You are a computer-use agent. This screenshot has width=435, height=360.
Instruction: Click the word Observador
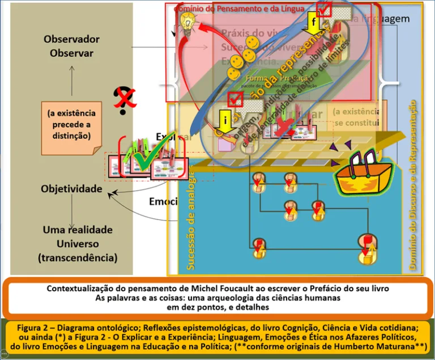[x=71, y=39]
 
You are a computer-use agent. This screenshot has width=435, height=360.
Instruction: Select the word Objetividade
[x=71, y=188]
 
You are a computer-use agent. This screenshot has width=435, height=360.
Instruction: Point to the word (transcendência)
[x=78, y=258]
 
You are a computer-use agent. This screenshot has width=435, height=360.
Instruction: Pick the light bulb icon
[x=187, y=20]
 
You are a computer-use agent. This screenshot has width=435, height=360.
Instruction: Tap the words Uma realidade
[x=78, y=230]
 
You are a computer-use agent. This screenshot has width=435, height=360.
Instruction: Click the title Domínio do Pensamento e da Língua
[x=239, y=9]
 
